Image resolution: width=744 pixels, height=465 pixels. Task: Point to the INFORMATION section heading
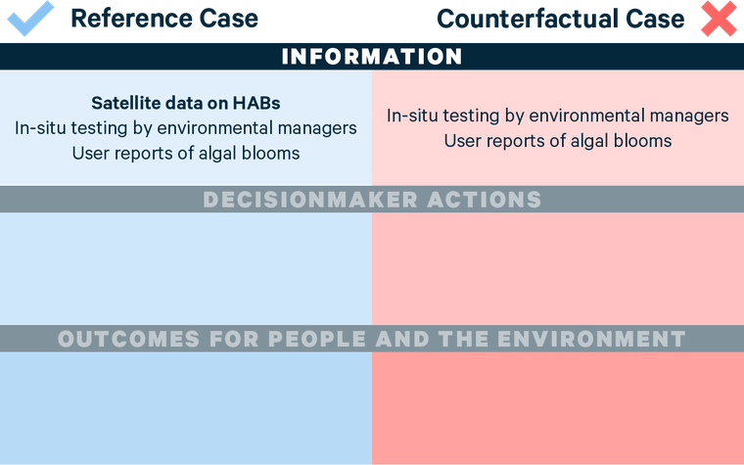tap(372, 57)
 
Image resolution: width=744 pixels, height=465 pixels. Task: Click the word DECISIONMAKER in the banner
tap(311, 200)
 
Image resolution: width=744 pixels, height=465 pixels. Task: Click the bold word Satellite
tap(127, 103)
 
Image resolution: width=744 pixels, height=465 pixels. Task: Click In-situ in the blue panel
tap(42, 127)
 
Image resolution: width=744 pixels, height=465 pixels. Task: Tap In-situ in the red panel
tap(414, 116)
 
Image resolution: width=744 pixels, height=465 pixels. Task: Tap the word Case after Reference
tap(228, 18)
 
